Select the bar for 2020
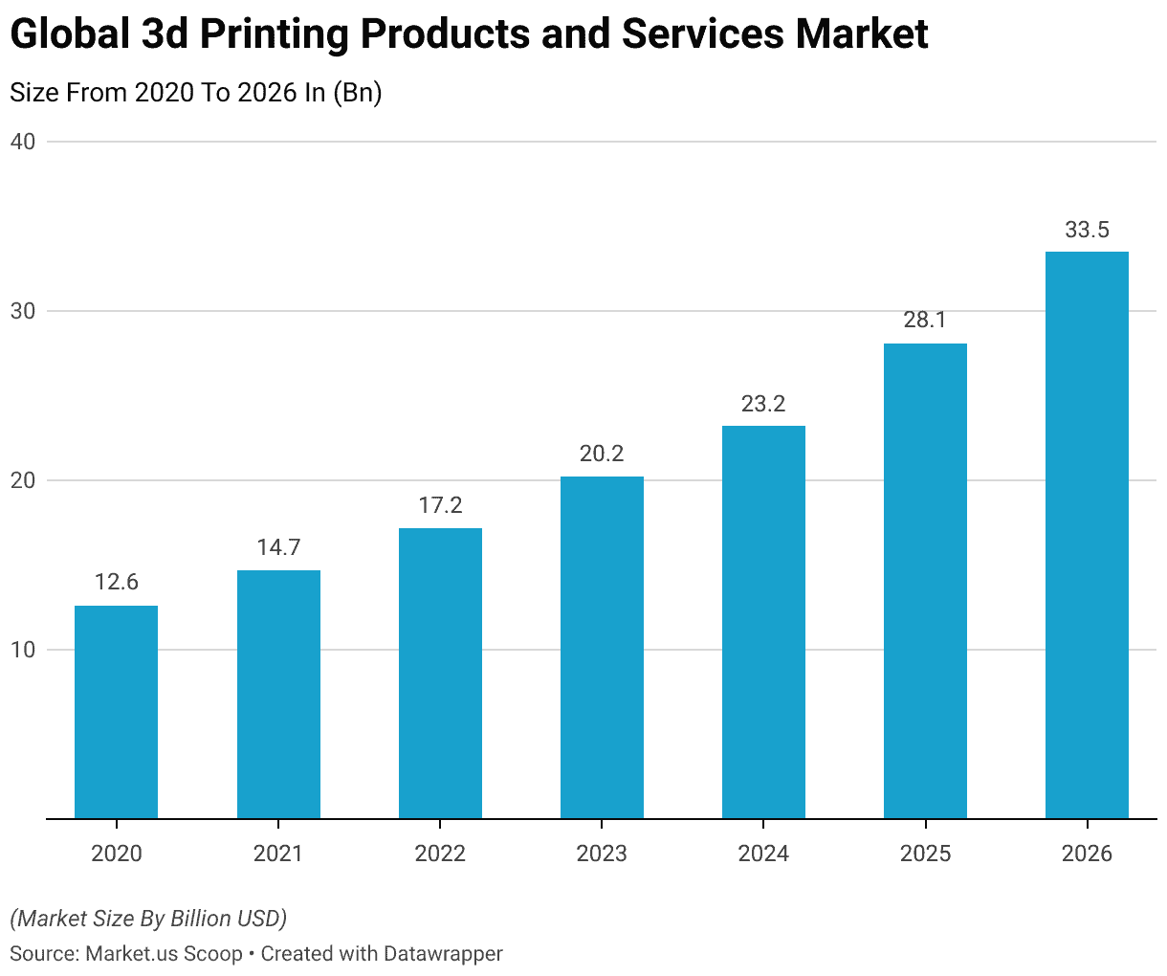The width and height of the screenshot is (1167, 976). [116, 712]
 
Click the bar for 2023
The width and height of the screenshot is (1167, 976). [602, 648]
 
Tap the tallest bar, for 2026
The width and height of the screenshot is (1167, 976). [1087, 535]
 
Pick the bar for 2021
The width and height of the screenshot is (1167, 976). [278, 695]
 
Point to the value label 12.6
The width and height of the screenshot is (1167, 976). [116, 583]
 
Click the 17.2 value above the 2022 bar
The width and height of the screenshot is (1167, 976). [440, 505]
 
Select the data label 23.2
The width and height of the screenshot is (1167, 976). [763, 404]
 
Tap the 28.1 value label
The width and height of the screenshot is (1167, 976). [925, 321]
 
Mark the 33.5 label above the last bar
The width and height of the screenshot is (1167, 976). [1087, 230]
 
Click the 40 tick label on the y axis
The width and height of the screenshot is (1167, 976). [23, 142]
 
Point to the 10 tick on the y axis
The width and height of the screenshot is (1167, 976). [23, 650]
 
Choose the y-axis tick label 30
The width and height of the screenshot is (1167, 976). [23, 311]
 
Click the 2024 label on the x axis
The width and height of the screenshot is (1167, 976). [763, 854]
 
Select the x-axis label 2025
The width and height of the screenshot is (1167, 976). [925, 854]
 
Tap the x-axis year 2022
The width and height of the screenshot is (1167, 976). [440, 854]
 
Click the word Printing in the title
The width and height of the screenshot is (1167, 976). [260, 35]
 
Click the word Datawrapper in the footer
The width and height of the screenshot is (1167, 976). [443, 954]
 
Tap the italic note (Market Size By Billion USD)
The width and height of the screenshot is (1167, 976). [148, 919]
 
